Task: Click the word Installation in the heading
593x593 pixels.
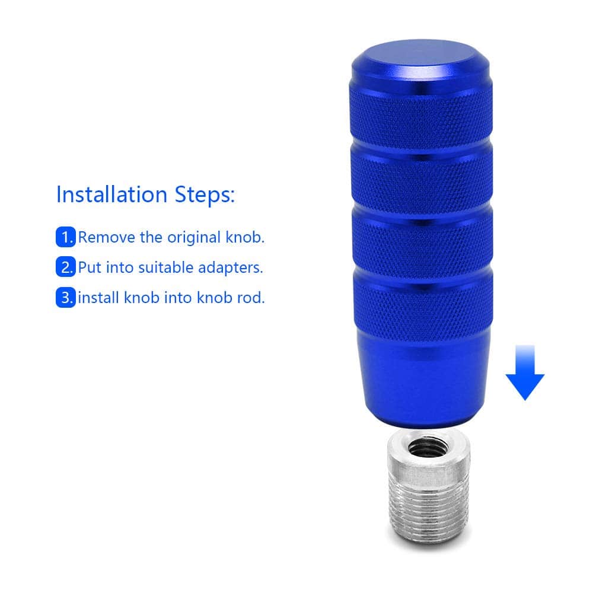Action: point(111,195)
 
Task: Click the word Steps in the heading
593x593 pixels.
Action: point(204,195)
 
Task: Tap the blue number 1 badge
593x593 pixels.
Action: point(66,237)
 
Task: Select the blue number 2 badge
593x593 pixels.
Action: point(66,267)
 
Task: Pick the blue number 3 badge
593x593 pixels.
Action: point(66,297)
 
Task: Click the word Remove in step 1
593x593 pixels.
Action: point(106,238)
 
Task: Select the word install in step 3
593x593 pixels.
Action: point(98,298)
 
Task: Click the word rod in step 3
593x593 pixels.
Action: point(251,298)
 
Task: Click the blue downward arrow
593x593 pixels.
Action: point(525,372)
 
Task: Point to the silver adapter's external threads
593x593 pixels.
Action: point(429,509)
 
